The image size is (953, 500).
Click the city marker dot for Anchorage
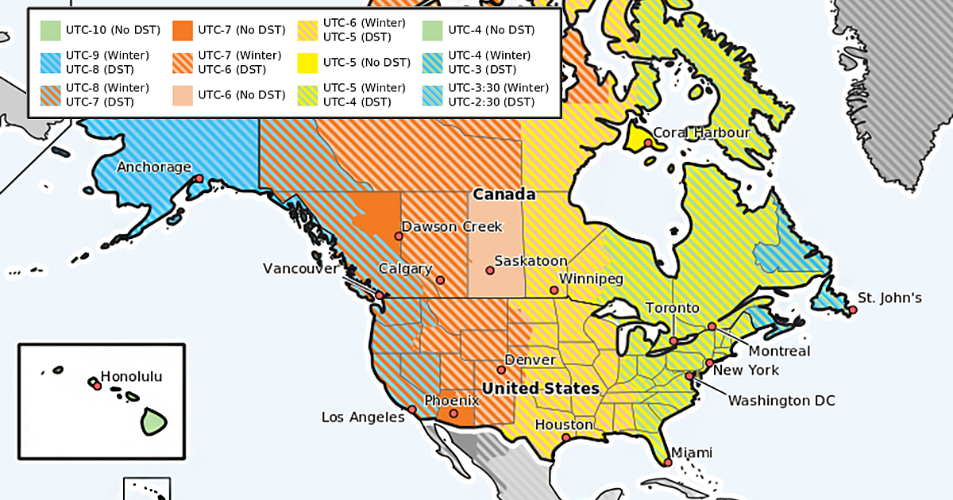(199, 179)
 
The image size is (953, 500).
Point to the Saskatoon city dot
(490, 271)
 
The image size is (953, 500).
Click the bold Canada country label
(504, 194)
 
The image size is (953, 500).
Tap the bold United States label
(541, 389)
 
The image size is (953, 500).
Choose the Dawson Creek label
(452, 227)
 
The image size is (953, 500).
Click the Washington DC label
(781, 401)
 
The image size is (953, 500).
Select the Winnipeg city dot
(554, 290)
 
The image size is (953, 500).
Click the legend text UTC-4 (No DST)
(492, 30)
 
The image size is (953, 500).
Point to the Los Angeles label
(363, 417)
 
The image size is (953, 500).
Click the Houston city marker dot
(565, 437)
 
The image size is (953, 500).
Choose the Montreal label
(780, 351)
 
